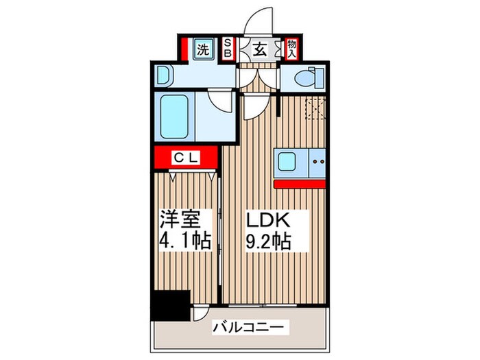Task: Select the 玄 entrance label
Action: click(x=260, y=49)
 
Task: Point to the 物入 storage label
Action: click(x=291, y=48)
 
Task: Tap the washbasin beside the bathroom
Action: click(x=164, y=75)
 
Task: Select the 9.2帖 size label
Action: click(x=269, y=241)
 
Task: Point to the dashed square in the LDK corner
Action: click(x=316, y=108)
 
